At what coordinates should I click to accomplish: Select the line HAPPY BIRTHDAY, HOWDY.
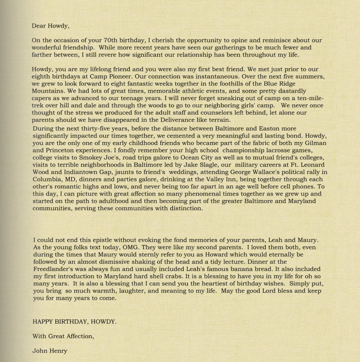pyautogui.click(x=74, y=322)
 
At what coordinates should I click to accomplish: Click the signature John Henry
pyautogui.click(x=49, y=351)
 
